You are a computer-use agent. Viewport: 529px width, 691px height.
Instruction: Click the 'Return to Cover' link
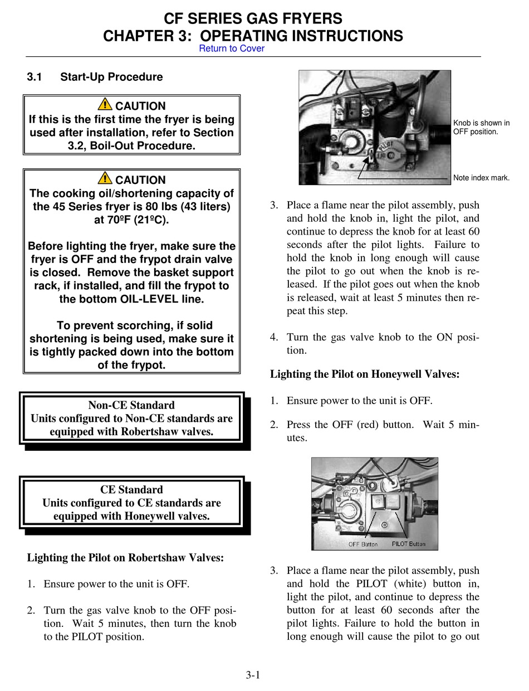232,48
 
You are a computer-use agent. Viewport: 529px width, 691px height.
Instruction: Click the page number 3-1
253,675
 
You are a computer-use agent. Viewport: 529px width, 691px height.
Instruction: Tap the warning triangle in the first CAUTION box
104,104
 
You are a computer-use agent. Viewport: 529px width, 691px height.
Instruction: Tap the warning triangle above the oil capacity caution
104,178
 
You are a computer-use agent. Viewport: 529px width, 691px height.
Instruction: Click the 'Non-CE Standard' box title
131,405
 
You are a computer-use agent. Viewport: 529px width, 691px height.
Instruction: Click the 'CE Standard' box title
131,490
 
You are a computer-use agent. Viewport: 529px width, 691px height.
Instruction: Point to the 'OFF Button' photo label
363,544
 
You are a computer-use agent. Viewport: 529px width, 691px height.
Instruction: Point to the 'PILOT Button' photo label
408,544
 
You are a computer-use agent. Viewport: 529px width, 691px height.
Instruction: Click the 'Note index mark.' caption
481,178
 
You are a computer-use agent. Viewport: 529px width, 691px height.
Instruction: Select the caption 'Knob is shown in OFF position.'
481,128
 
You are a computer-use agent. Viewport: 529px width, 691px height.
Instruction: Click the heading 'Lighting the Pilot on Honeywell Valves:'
365,374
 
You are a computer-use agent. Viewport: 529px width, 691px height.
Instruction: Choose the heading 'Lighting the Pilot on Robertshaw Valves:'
125,557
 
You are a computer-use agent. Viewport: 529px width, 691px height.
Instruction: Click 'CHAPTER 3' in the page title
147,36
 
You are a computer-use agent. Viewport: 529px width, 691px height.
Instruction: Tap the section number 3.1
35,77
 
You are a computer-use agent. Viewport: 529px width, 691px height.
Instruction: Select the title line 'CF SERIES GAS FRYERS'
253,20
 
